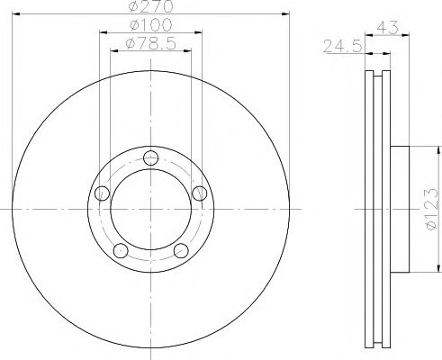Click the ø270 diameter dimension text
[x=149, y=7]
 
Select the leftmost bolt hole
[x=101, y=192]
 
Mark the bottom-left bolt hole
[x=119, y=249]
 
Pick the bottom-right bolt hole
[x=180, y=249]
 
